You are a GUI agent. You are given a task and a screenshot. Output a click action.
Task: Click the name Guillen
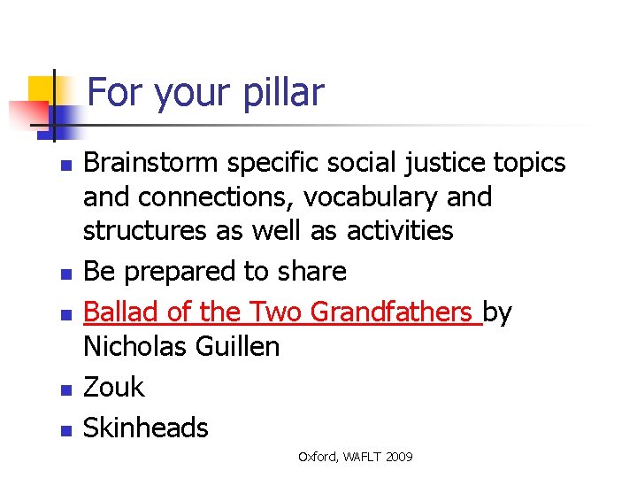tap(240, 346)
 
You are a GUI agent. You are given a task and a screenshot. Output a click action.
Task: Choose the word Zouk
tap(113, 387)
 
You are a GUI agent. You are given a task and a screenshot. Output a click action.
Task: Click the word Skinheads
tap(146, 428)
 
